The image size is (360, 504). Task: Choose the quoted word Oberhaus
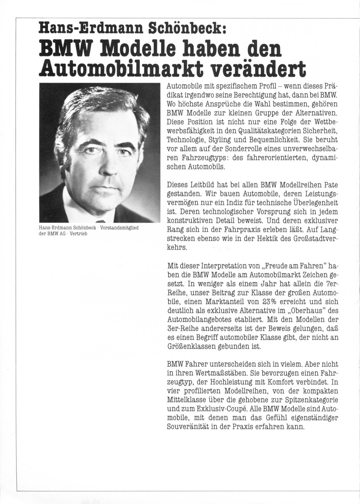[306, 311]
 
